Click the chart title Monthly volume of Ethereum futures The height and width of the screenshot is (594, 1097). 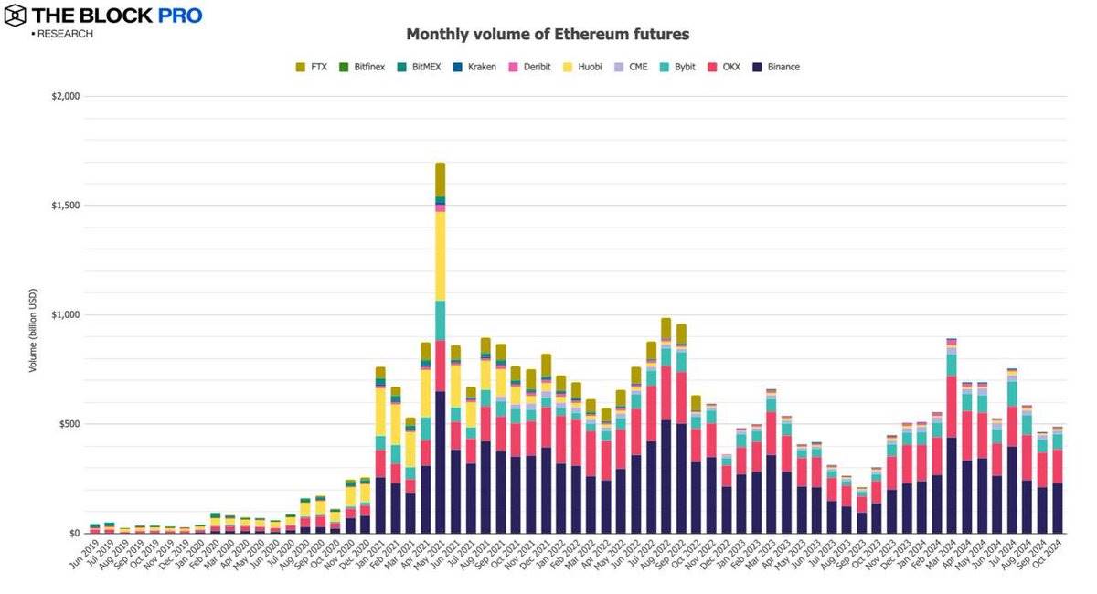[x=548, y=35]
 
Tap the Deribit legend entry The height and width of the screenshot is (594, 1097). [x=528, y=67]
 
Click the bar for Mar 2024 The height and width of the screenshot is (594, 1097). [x=952, y=457]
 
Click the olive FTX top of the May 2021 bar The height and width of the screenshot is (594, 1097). [x=440, y=179]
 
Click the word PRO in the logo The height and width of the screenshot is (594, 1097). [x=173, y=16]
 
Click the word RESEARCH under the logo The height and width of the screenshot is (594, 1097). [x=64, y=34]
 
